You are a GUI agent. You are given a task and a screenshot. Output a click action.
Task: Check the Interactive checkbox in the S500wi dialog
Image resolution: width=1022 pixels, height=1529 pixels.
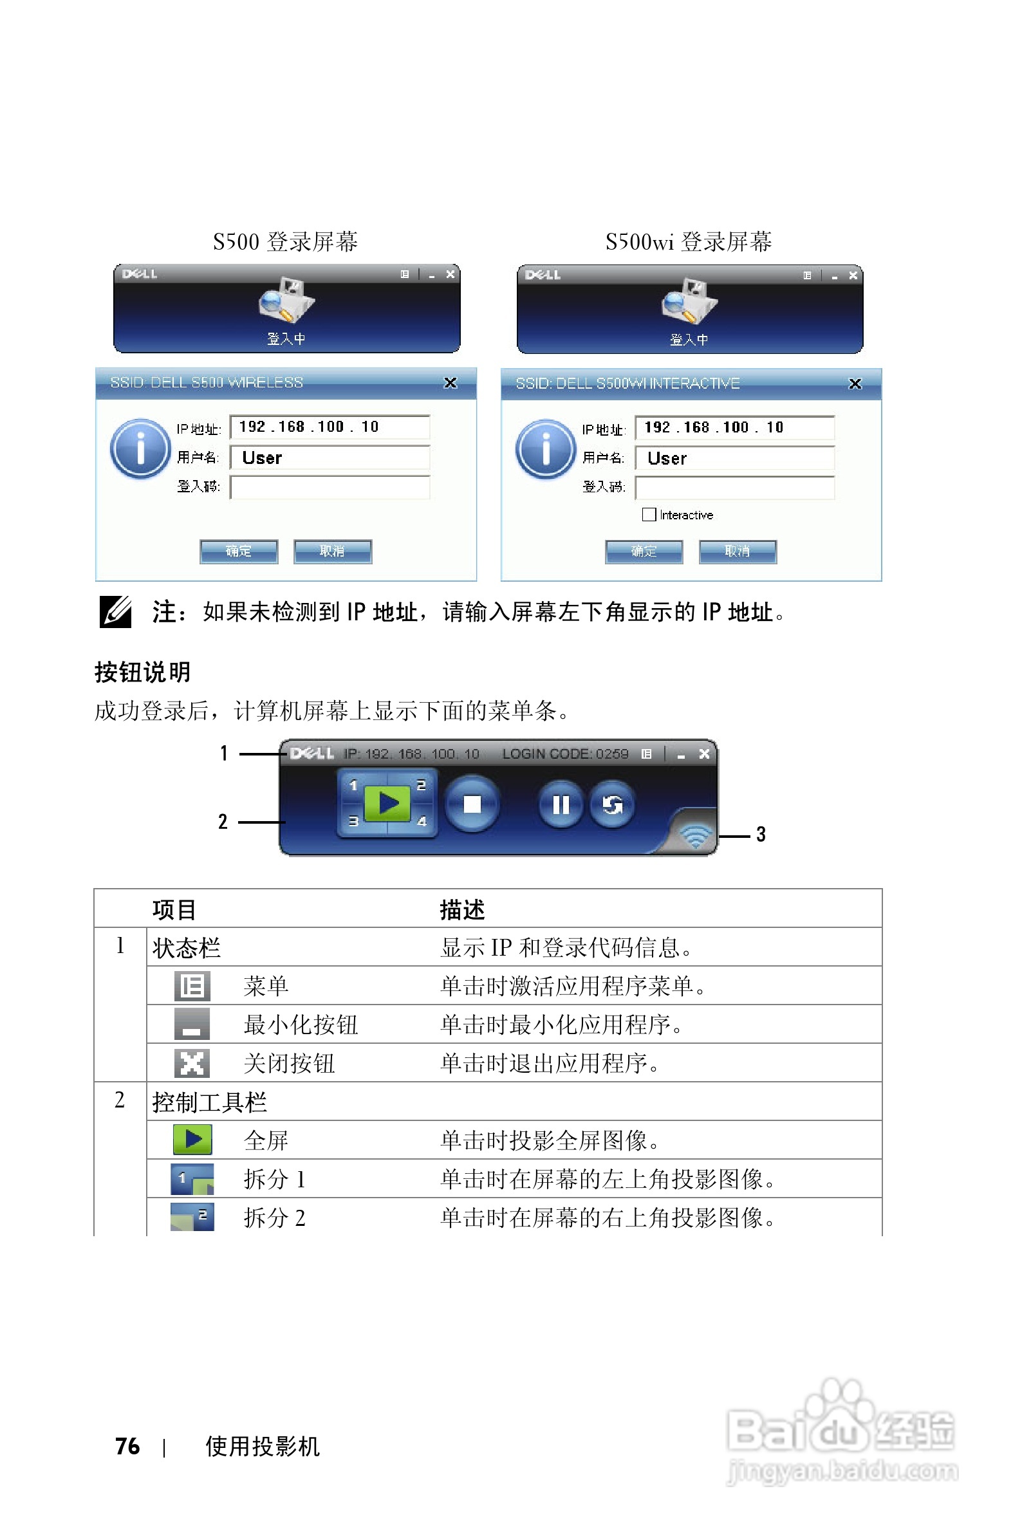pos(649,515)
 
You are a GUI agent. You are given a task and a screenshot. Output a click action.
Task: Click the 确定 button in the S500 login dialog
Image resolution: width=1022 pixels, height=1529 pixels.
pos(239,551)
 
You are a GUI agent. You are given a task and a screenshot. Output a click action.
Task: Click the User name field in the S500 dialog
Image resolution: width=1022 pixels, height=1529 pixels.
pos(330,458)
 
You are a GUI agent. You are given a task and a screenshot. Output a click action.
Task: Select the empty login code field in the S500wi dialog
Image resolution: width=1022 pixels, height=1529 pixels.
pos(734,488)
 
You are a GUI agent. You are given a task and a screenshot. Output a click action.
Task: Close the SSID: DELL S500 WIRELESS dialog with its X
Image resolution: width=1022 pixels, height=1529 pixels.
pos(451,383)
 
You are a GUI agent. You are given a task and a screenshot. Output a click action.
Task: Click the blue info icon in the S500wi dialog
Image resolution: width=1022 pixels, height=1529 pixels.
pos(546,449)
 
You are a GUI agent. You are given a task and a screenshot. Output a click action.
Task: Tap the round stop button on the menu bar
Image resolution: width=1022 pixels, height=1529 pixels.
pos(472,804)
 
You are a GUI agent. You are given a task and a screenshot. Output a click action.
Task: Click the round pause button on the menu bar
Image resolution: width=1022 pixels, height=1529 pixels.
pos(561,805)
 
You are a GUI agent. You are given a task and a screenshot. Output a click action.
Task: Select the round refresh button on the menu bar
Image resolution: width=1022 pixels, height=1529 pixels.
pos(612,805)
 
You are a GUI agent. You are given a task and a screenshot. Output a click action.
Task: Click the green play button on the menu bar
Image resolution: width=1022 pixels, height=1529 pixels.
pos(388,803)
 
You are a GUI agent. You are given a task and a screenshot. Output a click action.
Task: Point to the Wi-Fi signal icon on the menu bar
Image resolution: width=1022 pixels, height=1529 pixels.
pos(696,835)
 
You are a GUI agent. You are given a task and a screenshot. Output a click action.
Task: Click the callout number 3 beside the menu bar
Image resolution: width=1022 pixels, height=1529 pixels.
pos(761,834)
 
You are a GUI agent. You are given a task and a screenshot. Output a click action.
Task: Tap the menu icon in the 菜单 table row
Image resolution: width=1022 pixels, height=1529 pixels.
pos(192,985)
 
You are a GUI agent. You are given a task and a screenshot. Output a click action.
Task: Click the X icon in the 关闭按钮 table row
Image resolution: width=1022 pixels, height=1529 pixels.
pos(192,1063)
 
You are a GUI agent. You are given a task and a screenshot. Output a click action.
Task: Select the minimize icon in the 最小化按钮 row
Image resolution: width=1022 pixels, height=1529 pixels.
pos(192,1024)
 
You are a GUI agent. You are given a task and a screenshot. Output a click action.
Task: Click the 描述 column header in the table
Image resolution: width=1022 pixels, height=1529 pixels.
pos(462,909)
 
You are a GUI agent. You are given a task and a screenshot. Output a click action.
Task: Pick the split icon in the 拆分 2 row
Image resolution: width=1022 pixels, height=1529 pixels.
pos(192,1217)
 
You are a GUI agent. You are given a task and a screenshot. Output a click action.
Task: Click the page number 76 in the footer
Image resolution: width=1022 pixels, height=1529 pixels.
pos(127,1446)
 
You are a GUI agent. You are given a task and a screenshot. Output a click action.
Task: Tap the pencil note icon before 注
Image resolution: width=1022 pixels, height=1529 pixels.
pos(115,612)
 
